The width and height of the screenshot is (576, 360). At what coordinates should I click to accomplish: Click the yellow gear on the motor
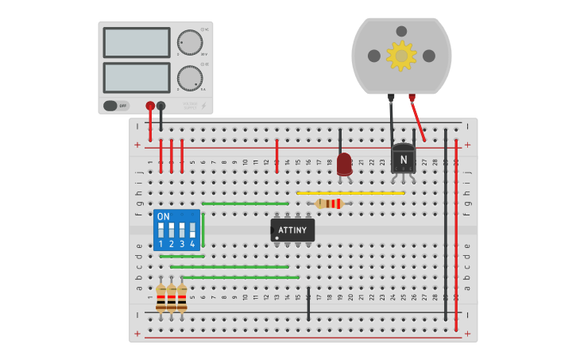[x=401, y=56]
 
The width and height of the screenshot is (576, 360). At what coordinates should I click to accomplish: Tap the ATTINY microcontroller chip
[x=292, y=230]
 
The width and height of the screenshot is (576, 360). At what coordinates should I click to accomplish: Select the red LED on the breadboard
[x=344, y=165]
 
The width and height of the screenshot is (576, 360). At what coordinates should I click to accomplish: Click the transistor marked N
[x=403, y=158]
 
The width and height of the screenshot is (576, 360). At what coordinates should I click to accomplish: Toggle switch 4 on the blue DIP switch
[x=192, y=230]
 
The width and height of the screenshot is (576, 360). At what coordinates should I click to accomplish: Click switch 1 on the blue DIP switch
[x=161, y=230]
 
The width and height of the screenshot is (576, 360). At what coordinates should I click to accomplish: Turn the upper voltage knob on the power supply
[x=190, y=42]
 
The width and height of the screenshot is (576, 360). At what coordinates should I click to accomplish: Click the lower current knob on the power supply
[x=190, y=78]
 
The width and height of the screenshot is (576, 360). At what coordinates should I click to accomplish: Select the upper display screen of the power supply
[x=137, y=43]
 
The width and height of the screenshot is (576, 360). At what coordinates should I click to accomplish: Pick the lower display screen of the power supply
[x=137, y=78]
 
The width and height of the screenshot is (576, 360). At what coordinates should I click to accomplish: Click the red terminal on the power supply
[x=150, y=106]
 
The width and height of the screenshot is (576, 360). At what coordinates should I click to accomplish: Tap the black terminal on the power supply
[x=161, y=106]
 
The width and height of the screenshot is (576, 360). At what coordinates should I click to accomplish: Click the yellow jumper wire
[x=350, y=193]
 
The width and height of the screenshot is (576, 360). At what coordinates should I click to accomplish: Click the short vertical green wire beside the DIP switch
[x=203, y=230]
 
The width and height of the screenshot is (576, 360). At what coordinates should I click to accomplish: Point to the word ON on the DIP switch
[x=163, y=216]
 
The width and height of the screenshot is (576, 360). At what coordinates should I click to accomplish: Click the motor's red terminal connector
[x=412, y=98]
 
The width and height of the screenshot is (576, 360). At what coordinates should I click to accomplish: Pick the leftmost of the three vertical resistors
[x=161, y=298]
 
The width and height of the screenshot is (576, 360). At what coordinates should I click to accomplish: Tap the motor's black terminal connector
[x=391, y=98]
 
